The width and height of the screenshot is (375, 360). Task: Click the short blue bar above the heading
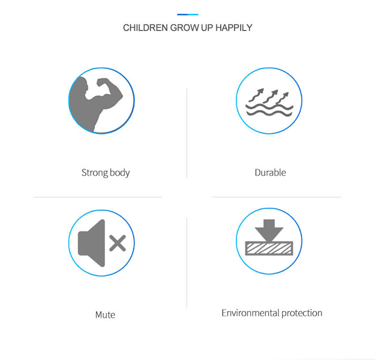click(x=187, y=15)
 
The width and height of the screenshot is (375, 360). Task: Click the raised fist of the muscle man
click(x=102, y=82)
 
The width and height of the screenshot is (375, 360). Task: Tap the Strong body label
click(x=105, y=172)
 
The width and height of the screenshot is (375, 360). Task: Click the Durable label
click(x=270, y=172)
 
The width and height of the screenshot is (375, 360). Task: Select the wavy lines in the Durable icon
click(x=269, y=110)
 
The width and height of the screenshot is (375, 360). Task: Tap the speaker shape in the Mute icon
click(x=92, y=243)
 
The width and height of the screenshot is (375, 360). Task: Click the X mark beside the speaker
click(x=117, y=243)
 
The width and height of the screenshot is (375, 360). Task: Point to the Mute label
click(x=105, y=315)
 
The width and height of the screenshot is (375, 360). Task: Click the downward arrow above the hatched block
click(x=269, y=230)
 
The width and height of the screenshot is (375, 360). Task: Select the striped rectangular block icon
click(x=269, y=249)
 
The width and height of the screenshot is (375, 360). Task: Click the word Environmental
click(x=251, y=313)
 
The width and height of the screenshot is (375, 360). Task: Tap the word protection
click(x=302, y=313)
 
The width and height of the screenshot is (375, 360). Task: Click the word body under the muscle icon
click(x=120, y=172)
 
